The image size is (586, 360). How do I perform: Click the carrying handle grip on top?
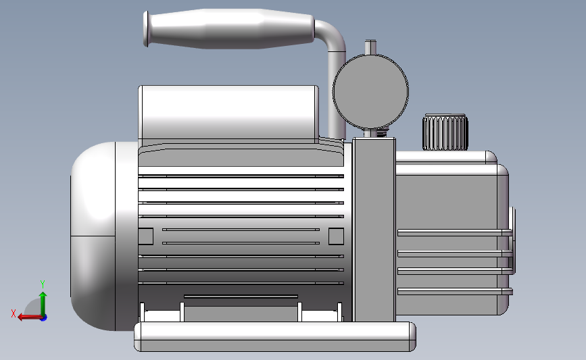(230, 29)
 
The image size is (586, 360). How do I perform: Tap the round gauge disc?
(370, 92)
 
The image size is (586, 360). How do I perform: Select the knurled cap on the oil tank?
(445, 132)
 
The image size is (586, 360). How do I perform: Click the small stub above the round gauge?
(370, 47)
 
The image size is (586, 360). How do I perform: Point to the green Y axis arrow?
(43, 305)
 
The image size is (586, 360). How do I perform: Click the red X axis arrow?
(30, 317)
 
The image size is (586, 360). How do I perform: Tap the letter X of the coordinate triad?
(14, 313)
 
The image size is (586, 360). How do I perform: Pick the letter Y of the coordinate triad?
(43, 284)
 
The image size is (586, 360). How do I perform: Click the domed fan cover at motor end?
(93, 236)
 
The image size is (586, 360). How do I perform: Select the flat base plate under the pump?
(274, 336)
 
